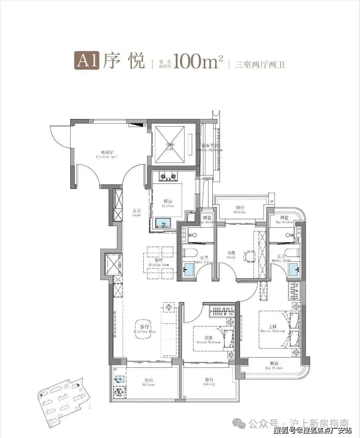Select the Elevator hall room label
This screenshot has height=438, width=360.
107,154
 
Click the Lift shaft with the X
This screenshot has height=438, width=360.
170,144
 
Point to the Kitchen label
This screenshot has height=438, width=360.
168,203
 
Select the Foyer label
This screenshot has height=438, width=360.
136,213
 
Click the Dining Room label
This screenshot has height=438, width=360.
159,262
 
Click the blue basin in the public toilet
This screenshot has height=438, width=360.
189,268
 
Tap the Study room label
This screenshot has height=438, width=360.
231,255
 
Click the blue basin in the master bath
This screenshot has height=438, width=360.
294,269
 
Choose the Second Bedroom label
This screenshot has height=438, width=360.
208,340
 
